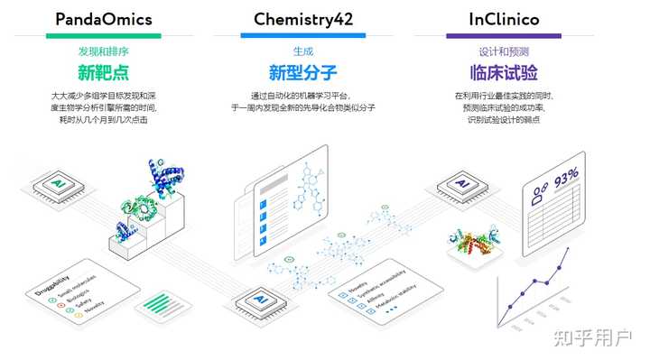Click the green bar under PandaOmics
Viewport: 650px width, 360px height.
pos(103,36)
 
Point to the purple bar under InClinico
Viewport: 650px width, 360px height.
pos(504,36)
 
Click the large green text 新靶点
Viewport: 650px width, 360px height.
pos(103,73)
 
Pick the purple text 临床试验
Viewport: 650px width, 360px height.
pos(504,73)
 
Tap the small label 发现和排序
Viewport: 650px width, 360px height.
pos(103,51)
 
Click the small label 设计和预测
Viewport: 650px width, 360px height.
pos(504,51)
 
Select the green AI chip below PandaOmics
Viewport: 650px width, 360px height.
pos(54,187)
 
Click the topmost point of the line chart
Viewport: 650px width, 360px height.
pos(566,248)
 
